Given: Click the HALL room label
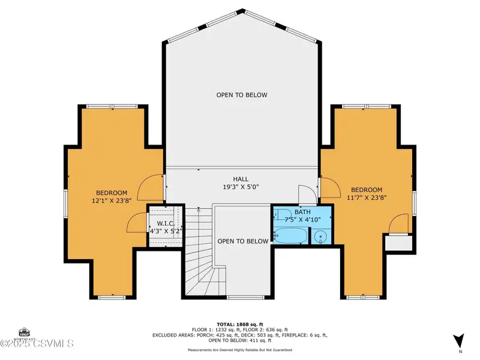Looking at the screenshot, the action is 241,179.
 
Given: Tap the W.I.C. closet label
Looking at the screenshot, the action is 166,223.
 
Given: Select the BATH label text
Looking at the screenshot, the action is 302,212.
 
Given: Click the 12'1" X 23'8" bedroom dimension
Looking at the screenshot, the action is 112,201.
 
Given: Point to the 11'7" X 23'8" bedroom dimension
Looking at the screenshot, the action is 367,198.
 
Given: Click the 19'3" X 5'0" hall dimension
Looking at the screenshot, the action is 241,187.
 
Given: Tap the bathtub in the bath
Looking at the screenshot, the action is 290,235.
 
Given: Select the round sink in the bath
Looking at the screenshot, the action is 321,236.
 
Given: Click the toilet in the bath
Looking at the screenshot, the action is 283,214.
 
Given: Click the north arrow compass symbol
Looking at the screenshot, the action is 459,340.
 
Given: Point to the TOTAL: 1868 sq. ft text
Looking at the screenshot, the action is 240,325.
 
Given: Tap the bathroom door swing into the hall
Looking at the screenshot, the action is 307,195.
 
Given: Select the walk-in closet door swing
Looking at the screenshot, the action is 137,223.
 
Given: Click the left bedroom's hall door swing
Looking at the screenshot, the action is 150,187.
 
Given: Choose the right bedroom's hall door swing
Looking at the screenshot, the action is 330,187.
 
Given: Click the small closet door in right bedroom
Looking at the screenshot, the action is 398,224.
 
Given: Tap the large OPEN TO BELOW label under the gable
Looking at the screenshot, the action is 242,95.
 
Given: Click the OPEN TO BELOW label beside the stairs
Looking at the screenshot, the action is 243,241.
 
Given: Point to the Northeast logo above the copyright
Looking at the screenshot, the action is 24,334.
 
